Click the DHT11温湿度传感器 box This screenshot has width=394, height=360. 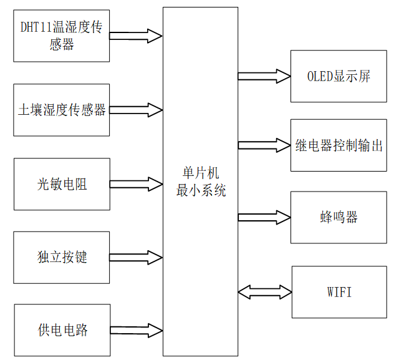point(61,36)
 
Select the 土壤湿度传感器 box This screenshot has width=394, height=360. point(61,110)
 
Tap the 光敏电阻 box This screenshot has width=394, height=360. point(61,184)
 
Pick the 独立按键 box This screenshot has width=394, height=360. point(61,257)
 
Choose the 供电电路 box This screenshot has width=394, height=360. point(61,330)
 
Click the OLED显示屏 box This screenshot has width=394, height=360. point(338,77)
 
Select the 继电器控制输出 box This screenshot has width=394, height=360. point(338,145)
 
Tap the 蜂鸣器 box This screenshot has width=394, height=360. point(338,217)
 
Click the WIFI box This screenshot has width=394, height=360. point(338,291)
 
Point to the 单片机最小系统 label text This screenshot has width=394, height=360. point(200,182)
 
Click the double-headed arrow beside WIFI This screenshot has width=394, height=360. point(264,291)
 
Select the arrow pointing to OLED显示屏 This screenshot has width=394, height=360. point(264,76)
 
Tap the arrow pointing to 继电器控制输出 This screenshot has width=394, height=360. point(264,145)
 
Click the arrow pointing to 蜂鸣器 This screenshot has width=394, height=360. point(264,217)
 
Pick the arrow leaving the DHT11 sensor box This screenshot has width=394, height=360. point(136,36)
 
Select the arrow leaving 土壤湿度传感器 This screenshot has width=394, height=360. point(136,110)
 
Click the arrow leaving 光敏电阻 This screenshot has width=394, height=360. point(136,184)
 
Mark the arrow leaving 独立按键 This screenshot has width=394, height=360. point(136,257)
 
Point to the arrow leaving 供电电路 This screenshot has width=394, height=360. point(136,330)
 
